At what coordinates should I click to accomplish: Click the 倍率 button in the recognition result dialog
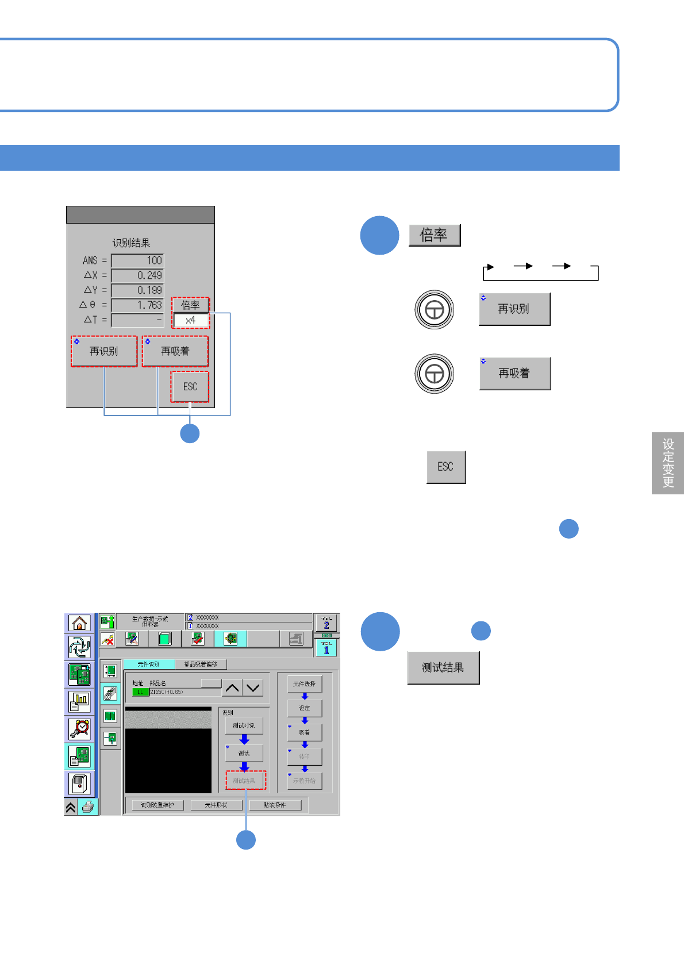point(190,305)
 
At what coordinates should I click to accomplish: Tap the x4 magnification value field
point(190,320)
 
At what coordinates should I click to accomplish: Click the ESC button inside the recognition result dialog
point(190,387)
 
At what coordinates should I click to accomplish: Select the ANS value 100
point(137,260)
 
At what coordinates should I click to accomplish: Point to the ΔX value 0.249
point(137,275)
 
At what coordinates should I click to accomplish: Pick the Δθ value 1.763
point(137,305)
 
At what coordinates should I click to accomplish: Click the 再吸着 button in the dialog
point(175,351)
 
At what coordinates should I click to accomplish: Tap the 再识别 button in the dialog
point(104,351)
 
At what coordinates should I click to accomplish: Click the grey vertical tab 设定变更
point(668,463)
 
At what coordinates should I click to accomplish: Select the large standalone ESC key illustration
point(446,467)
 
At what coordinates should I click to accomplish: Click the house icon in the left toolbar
point(79,623)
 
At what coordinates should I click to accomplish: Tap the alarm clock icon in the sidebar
point(79,728)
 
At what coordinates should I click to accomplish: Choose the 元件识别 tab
point(149,664)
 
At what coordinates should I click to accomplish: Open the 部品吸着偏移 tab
point(201,664)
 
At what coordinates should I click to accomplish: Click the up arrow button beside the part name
point(232,687)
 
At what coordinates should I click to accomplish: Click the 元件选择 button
point(305,684)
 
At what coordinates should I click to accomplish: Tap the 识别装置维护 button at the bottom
point(157,805)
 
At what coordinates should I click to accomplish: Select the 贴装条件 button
point(275,805)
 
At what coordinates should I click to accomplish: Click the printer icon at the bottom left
point(88,807)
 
